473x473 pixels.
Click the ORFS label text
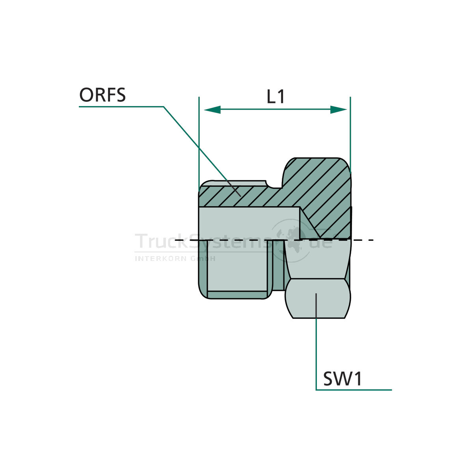point(102,95)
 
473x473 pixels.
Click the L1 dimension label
point(276,97)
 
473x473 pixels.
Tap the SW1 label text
point(342,379)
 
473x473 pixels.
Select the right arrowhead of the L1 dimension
point(338,110)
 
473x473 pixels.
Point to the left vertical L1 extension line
point(199,142)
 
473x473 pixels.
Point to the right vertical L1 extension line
point(350,130)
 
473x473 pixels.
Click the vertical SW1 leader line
point(316,347)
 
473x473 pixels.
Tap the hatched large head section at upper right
point(319,185)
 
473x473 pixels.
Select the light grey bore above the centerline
point(248,223)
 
